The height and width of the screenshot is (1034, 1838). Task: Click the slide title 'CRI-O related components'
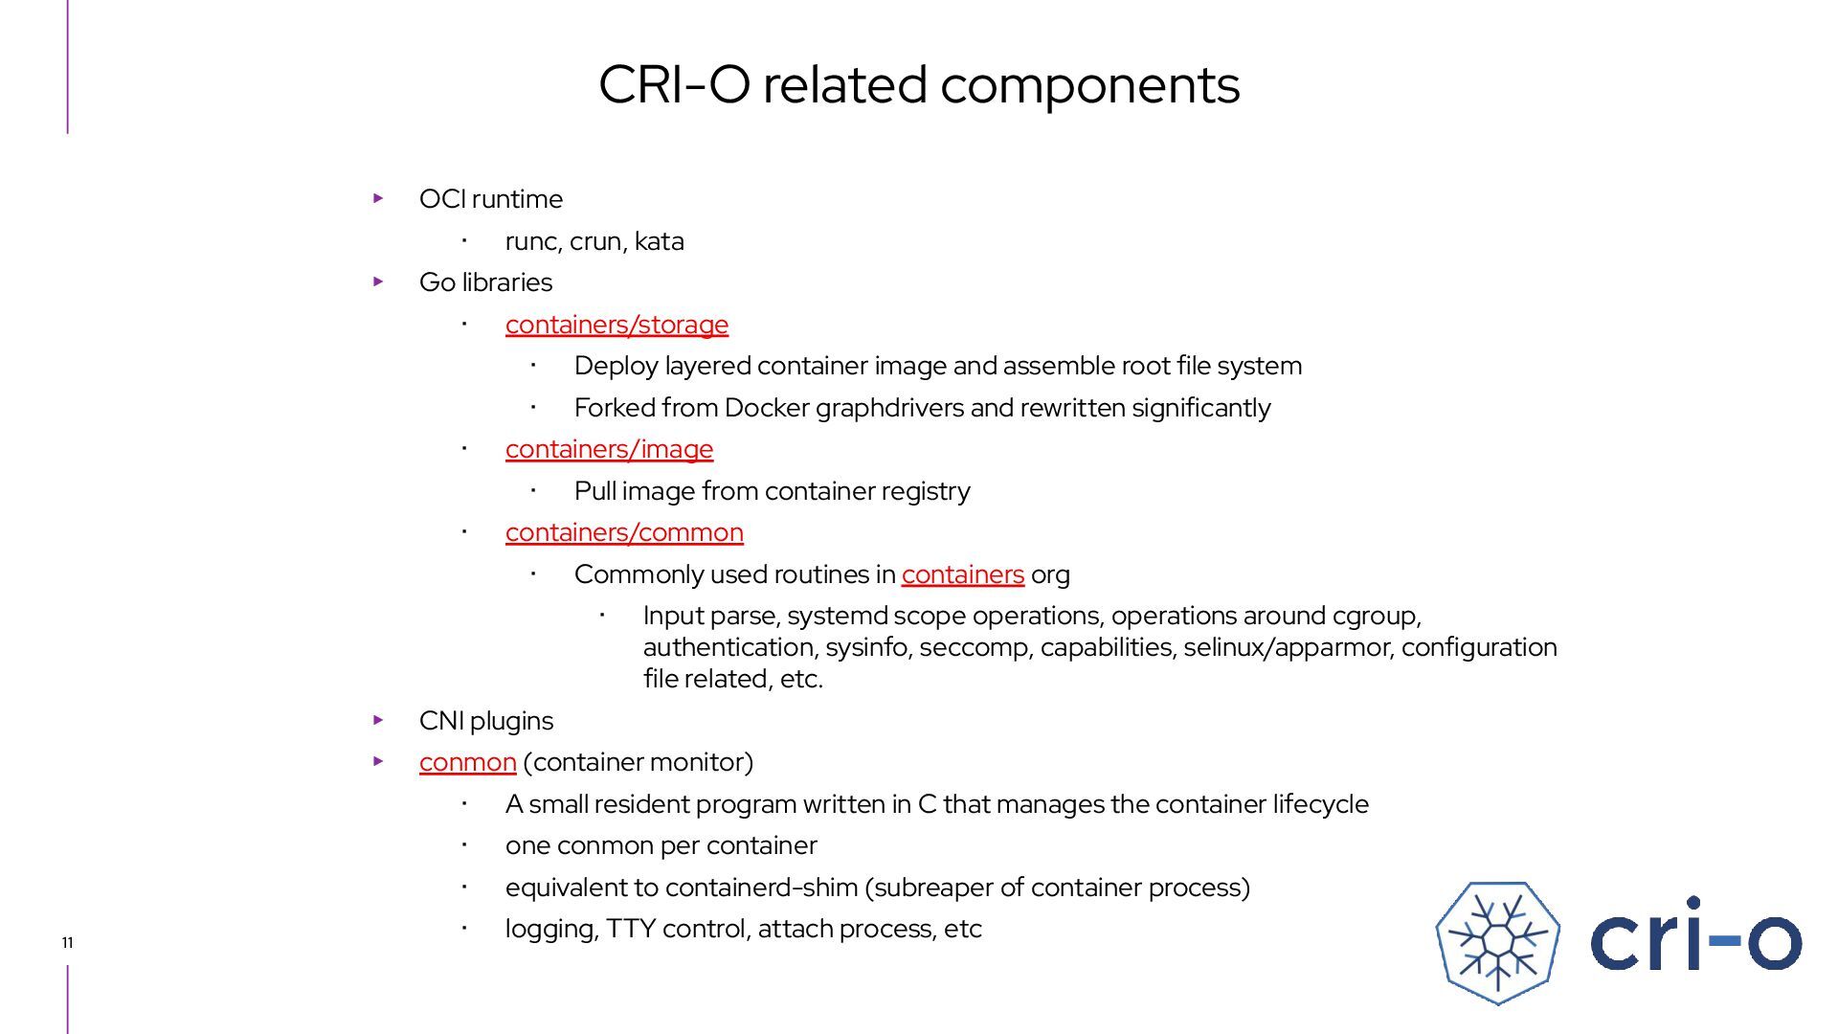tap(919, 84)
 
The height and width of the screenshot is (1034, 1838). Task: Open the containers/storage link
tap(616, 325)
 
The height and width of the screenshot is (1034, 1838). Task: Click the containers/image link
tap(609, 449)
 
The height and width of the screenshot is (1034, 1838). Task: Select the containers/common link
tap(624, 532)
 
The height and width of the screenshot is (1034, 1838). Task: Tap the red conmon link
tap(467, 762)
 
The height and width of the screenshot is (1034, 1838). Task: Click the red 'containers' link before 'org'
tap(962, 574)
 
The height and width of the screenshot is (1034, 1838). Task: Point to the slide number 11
tap(67, 943)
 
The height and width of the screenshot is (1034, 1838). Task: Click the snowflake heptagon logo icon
tap(1497, 942)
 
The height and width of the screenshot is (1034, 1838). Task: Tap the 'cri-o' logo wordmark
tap(1695, 935)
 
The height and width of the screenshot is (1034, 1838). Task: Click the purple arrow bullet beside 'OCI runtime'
tap(378, 198)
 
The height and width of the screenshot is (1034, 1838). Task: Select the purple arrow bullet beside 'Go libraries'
tap(378, 281)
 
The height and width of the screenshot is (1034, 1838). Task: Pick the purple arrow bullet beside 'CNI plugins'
tap(378, 720)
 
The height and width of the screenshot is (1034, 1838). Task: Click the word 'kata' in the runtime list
tap(659, 241)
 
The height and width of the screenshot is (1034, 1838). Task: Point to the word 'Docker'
tap(766, 408)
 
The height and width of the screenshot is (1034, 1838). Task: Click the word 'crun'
tap(594, 241)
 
